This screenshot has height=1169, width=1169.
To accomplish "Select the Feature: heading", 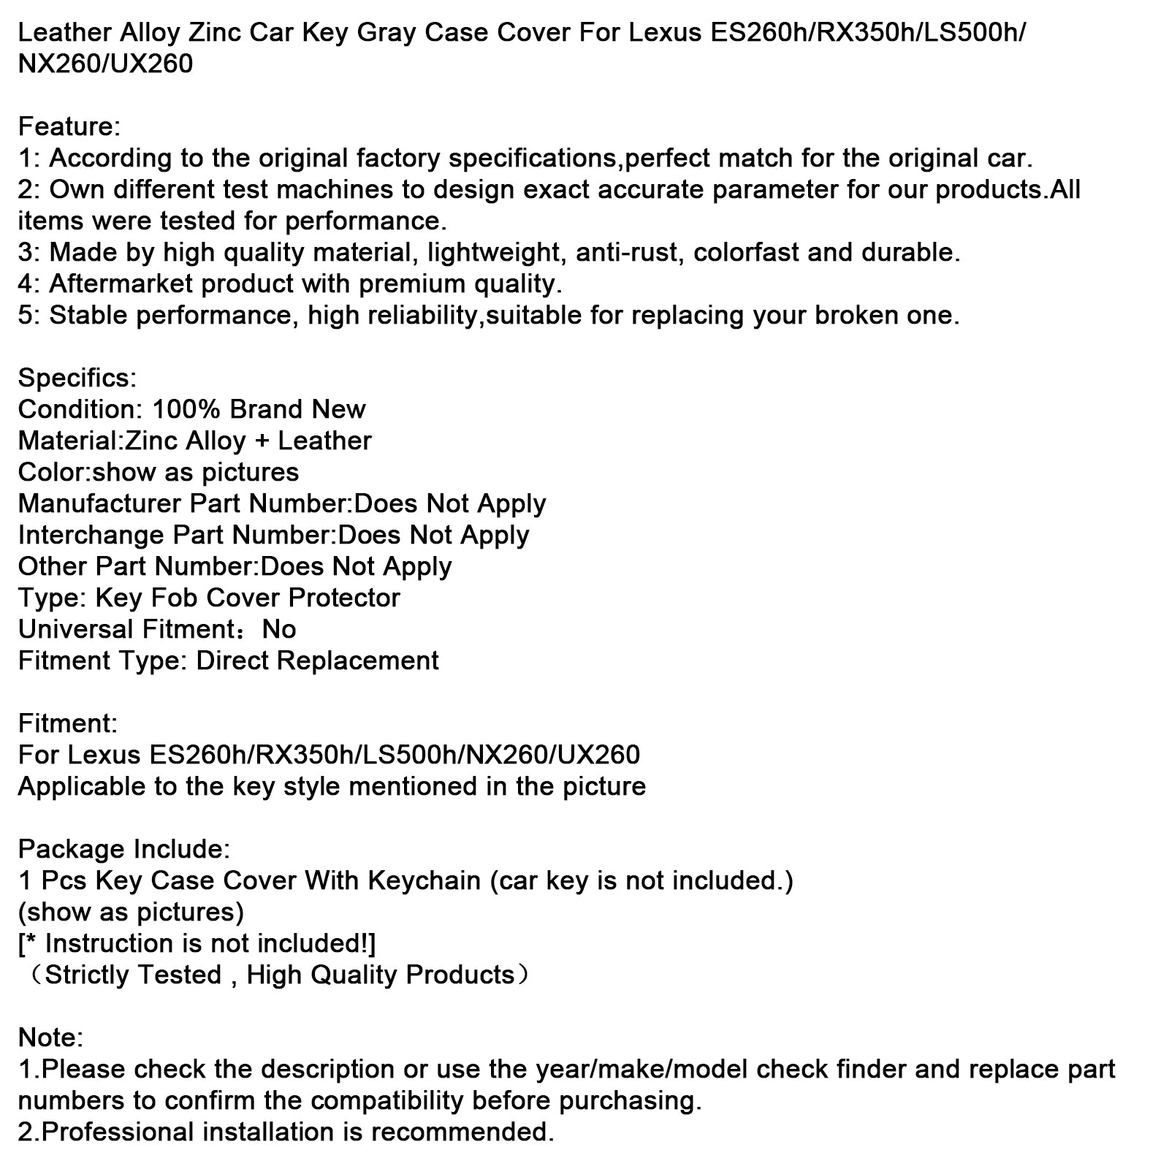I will (69, 127).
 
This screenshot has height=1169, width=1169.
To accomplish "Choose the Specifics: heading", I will (77, 378).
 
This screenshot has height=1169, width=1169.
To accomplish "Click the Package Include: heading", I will (123, 850).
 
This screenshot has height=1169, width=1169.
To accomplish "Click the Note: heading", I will (50, 1038).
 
